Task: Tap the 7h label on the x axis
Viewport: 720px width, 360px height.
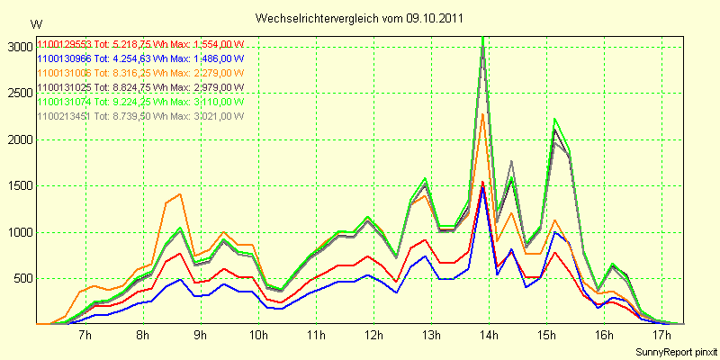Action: tap(85, 336)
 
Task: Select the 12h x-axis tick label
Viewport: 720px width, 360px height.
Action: tap(373, 336)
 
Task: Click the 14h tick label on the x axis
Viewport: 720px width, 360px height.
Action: tap(489, 336)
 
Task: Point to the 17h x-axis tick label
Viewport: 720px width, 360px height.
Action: tap(661, 336)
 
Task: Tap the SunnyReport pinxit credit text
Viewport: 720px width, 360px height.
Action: tap(676, 350)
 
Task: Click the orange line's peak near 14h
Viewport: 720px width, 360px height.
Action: tap(483, 114)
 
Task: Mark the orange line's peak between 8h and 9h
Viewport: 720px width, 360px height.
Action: tap(180, 194)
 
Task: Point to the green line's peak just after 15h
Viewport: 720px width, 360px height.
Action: tap(555, 120)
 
